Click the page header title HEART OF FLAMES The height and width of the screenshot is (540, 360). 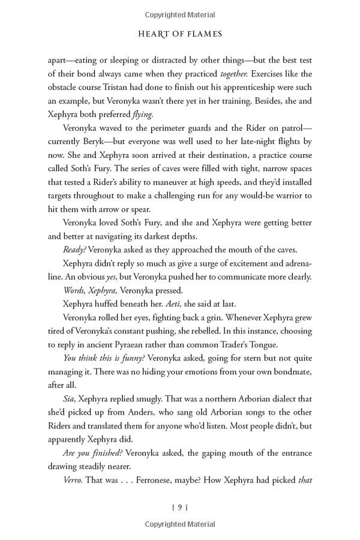[180, 34]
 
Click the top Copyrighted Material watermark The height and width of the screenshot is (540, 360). [180, 13]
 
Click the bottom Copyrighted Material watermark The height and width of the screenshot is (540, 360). [180, 528]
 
